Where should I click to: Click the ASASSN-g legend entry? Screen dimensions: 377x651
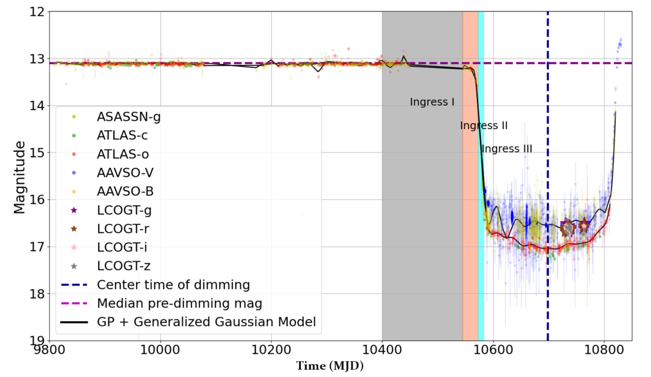(x=128, y=117)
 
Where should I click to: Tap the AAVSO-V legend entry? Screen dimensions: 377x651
(x=125, y=173)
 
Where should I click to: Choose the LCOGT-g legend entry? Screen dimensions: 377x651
(x=124, y=210)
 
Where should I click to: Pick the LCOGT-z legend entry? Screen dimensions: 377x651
(x=124, y=266)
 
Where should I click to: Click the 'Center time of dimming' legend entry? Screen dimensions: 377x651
(x=174, y=284)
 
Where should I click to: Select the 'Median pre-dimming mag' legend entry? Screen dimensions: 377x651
(x=180, y=303)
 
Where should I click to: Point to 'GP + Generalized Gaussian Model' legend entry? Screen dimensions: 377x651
(x=207, y=322)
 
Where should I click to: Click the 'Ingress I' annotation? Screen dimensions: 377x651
(x=432, y=102)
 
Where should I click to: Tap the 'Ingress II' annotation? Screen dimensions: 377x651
(x=483, y=126)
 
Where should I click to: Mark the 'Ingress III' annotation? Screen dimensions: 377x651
(x=507, y=149)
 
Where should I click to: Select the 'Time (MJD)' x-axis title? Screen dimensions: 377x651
(x=329, y=366)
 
